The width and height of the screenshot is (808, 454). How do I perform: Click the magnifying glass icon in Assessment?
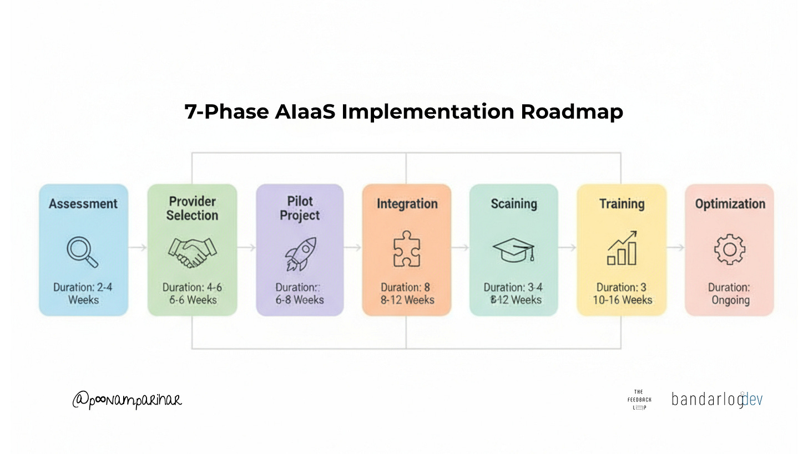point(82,252)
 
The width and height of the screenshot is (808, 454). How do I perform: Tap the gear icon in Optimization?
point(729,249)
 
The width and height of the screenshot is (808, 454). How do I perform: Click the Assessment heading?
point(83,203)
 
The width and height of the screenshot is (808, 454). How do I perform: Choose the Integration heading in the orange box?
point(407,203)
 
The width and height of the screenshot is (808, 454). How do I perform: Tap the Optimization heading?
point(730,203)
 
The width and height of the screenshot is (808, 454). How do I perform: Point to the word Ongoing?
point(730,300)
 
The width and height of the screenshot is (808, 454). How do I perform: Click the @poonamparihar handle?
point(127,399)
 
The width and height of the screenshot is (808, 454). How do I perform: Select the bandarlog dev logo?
point(717,399)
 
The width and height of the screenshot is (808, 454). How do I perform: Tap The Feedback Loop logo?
point(639,399)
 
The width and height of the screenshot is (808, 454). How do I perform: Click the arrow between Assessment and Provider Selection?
point(138,248)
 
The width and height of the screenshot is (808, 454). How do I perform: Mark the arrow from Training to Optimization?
point(675,248)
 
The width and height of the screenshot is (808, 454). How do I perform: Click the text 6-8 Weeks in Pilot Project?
point(300,300)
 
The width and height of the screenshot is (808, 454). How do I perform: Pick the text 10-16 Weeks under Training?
point(622,300)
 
